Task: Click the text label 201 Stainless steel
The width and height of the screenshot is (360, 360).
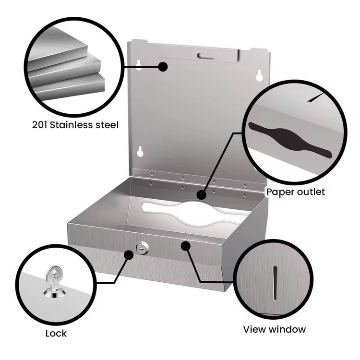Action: [75, 125]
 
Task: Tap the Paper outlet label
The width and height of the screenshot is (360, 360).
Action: [296, 192]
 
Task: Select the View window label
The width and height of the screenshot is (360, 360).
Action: [275, 329]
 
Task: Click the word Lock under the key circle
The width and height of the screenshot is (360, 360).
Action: [56, 334]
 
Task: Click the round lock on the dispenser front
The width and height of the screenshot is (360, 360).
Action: [143, 248]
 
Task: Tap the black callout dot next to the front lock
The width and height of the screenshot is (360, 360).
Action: [129, 255]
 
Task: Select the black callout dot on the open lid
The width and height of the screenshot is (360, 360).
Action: [163, 67]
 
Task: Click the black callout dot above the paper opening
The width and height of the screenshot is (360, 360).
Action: [201, 195]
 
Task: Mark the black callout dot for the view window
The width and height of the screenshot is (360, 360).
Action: [185, 246]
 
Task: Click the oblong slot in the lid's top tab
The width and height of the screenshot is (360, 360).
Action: [205, 56]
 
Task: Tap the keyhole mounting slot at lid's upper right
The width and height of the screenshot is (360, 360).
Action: [259, 75]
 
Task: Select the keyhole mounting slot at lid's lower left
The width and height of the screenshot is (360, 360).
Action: [140, 152]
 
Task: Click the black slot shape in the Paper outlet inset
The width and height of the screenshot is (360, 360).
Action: [290, 139]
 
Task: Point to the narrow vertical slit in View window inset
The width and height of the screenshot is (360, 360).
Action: [275, 283]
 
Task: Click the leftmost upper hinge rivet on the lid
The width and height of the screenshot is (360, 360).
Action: [152, 175]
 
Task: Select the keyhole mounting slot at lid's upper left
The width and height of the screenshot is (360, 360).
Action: [138, 65]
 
